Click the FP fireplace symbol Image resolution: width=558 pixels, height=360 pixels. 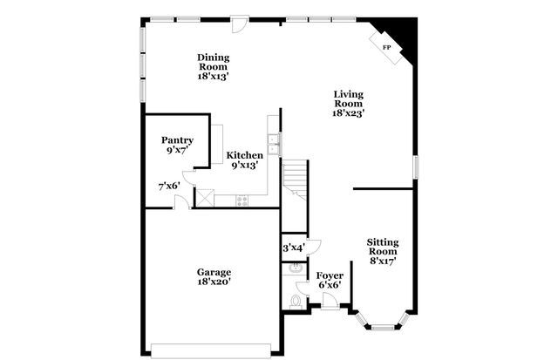tap(387, 47)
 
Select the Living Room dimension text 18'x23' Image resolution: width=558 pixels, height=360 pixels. tap(348, 112)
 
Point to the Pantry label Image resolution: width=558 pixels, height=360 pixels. tap(177, 140)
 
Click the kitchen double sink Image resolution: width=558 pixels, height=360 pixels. tap(274, 145)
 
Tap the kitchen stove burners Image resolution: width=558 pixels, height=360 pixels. tap(242, 200)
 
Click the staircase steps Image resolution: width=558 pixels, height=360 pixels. tap(297, 178)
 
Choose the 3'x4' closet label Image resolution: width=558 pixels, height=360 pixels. tap(292, 248)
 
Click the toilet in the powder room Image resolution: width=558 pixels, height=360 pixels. tap(296, 301)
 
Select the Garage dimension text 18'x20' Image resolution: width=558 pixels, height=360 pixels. tap(214, 282)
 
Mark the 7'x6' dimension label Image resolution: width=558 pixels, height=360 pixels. tap(168, 186)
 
